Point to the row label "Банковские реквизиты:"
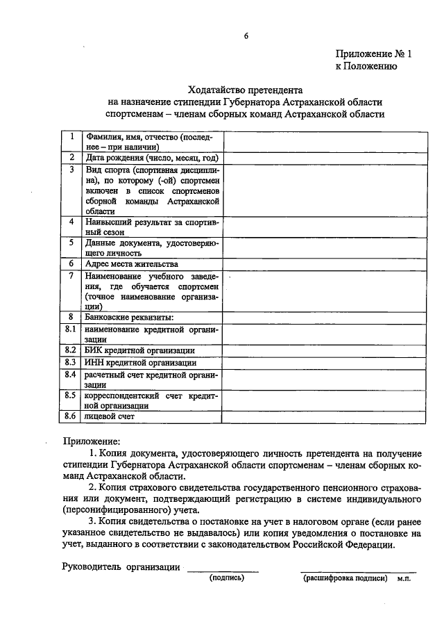pyautogui.click(x=119, y=317)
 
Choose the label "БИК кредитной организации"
pyautogui.click(x=139, y=350)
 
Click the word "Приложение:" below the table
pyautogui.click(x=92, y=441)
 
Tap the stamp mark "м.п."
pyautogui.click(x=404, y=578)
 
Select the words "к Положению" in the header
pyautogui.click(x=366, y=67)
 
